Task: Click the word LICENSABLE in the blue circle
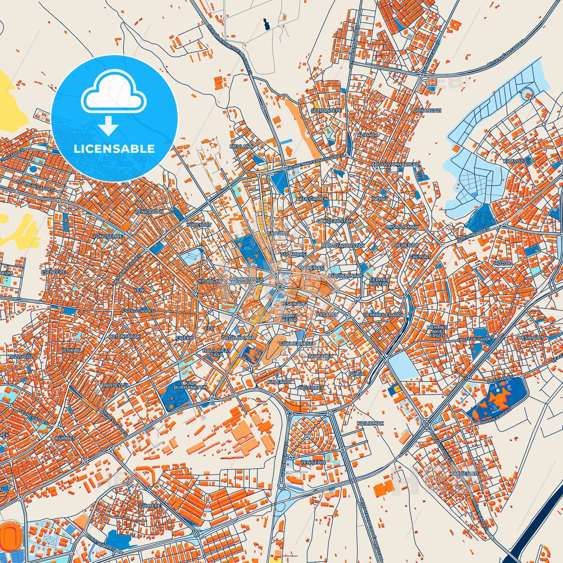click(114, 149)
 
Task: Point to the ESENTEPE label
click(54, 272)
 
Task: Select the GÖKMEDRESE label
click(296, 344)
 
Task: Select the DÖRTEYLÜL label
click(115, 385)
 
